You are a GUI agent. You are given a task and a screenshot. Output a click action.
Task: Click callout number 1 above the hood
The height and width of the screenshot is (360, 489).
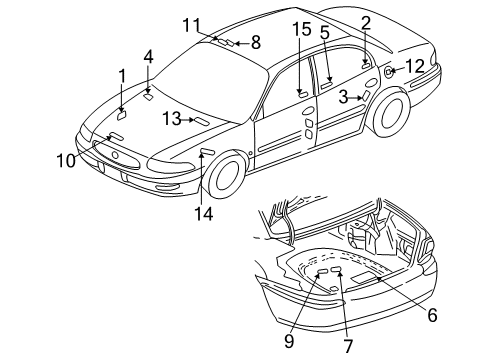click(x=122, y=75)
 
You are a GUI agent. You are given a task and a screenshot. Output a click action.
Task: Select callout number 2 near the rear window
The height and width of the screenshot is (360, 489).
click(x=366, y=21)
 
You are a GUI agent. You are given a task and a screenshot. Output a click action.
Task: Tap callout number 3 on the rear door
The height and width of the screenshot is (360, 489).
click(x=343, y=97)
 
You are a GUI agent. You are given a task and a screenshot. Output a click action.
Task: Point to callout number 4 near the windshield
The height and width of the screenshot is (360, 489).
click(x=148, y=56)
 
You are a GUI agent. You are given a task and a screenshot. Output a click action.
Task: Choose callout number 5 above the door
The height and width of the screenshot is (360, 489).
click(x=325, y=32)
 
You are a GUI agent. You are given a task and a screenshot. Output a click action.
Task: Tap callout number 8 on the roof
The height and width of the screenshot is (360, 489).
click(x=255, y=42)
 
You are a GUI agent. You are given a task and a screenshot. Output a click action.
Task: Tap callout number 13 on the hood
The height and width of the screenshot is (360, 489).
click(x=172, y=119)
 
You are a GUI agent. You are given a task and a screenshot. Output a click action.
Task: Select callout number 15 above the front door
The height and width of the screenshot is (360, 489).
click(x=302, y=32)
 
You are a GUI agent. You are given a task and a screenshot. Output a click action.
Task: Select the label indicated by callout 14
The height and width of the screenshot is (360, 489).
click(x=208, y=152)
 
